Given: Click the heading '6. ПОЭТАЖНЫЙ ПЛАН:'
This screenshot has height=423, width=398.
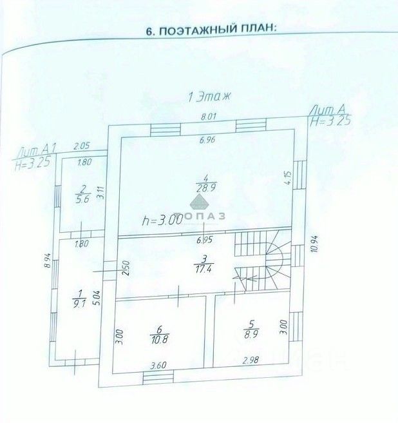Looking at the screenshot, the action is (212, 30).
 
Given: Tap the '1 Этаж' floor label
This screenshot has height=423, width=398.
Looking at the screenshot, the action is (207, 97).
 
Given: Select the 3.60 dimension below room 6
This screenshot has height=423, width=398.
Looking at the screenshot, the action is (158, 366).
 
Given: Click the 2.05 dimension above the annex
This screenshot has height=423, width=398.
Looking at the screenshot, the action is (81, 146).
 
